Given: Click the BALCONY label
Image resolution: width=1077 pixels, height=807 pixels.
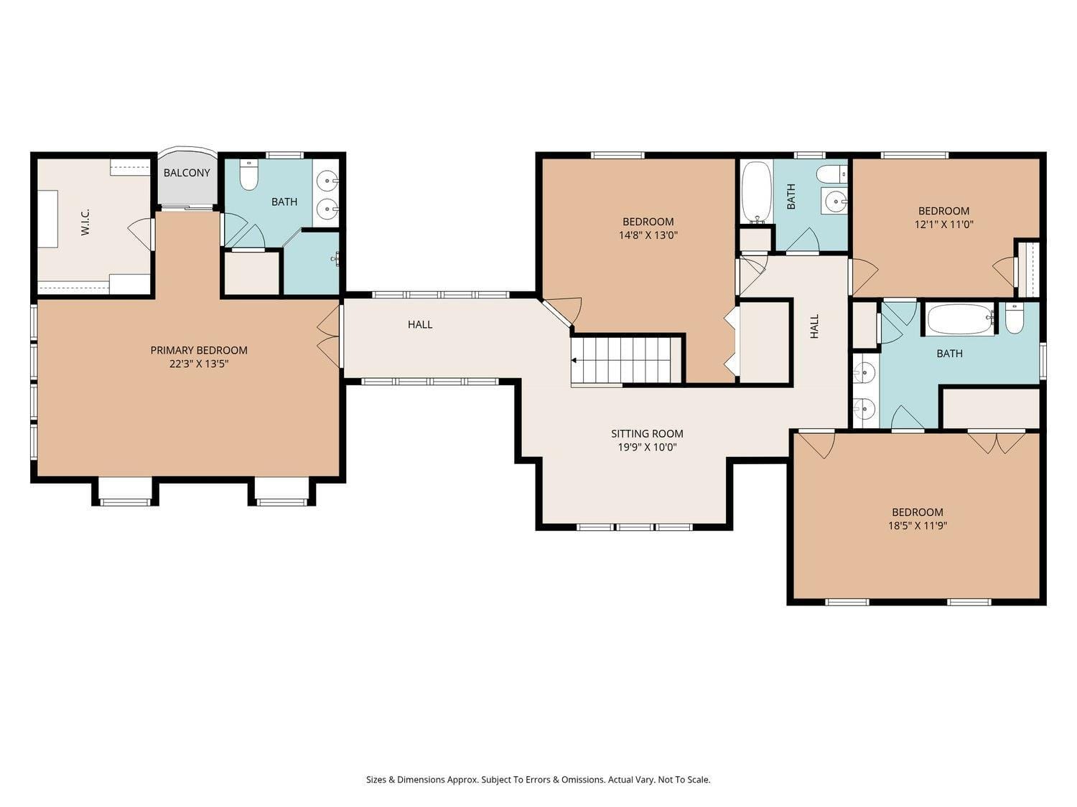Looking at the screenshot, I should coord(187,173).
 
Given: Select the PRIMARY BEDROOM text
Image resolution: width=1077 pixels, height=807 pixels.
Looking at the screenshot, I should coord(199,350).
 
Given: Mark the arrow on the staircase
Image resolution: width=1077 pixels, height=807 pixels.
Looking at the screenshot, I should coord(574,360).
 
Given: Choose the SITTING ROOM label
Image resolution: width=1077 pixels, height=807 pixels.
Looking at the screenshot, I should coord(647,433).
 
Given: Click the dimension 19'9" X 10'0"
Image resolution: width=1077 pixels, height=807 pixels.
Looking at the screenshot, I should coord(647,447).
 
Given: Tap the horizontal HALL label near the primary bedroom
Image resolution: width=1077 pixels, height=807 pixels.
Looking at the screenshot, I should coord(420,324).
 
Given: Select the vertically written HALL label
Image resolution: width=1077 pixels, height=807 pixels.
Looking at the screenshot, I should coord(814,326).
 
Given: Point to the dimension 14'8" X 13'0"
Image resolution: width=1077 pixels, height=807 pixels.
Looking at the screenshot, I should coord(648,235).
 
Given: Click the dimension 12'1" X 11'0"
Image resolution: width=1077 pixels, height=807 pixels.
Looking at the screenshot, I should coord(943,224).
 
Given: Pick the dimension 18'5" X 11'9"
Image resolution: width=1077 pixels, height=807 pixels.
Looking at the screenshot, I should coord(917,525).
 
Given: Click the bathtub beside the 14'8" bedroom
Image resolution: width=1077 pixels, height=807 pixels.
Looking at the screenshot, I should coord(755,192).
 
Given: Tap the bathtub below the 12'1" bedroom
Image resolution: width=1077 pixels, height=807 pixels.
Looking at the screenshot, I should coord(959,319).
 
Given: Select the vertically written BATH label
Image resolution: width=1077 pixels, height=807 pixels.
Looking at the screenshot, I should coord(791,196).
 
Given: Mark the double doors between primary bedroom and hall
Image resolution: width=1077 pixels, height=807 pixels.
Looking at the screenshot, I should coord(329,337).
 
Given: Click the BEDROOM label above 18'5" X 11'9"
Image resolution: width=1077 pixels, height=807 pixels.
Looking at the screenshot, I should coord(917,512).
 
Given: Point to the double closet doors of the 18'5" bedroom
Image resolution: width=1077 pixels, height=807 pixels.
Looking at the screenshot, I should coord(997,441).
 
